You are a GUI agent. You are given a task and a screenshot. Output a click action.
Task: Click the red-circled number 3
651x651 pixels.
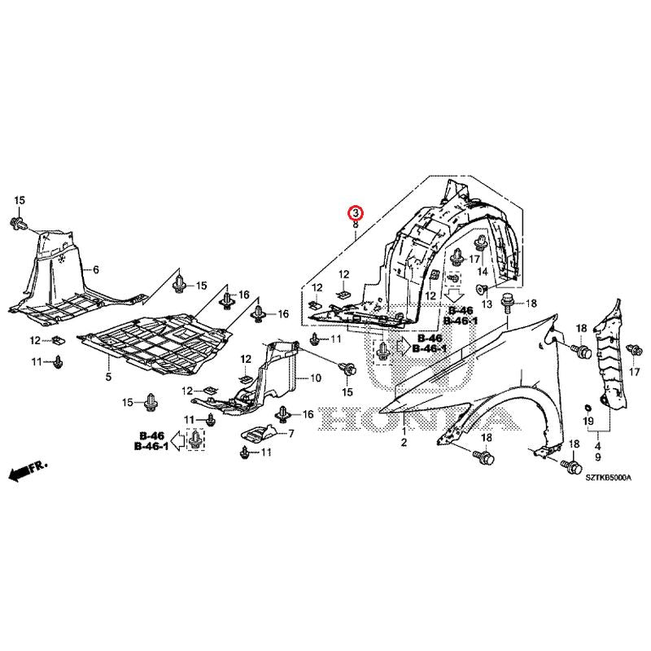(356, 213)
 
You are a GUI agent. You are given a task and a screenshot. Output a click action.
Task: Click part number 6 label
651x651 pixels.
(95, 269)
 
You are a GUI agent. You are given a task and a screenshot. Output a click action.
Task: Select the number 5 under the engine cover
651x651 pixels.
(107, 378)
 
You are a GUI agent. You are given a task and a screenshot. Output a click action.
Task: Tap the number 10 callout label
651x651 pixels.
(316, 378)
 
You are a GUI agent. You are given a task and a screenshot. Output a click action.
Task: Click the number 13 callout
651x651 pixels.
(487, 304)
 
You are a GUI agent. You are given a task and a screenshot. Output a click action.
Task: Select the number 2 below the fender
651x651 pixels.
(402, 442)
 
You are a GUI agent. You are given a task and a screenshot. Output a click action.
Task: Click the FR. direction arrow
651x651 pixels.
(28, 470)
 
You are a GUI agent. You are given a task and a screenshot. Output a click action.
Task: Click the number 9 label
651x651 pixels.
(597, 457)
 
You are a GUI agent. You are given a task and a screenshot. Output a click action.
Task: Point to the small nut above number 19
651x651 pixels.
(588, 404)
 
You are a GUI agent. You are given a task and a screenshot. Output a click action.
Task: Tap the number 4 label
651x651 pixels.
(597, 445)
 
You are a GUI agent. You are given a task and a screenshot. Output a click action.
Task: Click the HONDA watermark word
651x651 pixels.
(424, 418)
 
